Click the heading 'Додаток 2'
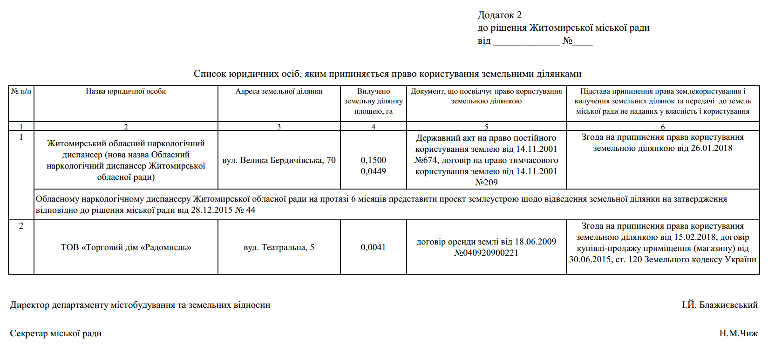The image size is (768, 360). point(499,15)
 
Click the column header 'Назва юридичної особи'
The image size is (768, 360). point(126,91)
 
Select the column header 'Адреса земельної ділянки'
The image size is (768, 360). point(279,91)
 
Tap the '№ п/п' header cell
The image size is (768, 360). point(21,91)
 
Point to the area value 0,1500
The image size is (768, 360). point(373,160)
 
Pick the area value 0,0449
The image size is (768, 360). point(373,171)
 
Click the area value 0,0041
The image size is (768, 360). point(373,247)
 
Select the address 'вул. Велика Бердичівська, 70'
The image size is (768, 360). point(279,160)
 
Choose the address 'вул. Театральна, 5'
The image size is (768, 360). point(279,247)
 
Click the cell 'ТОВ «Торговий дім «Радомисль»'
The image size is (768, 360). point(126,247)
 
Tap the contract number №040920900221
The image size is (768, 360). point(486,253)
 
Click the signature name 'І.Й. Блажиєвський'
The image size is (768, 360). point(720,305)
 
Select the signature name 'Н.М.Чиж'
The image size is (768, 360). point(738,333)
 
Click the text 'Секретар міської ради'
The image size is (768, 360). point(56,333)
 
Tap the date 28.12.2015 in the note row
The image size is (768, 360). point(212,210)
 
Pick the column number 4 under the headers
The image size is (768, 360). point(373,127)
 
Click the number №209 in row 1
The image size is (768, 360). point(486,183)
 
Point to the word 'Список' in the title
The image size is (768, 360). point(208,74)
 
